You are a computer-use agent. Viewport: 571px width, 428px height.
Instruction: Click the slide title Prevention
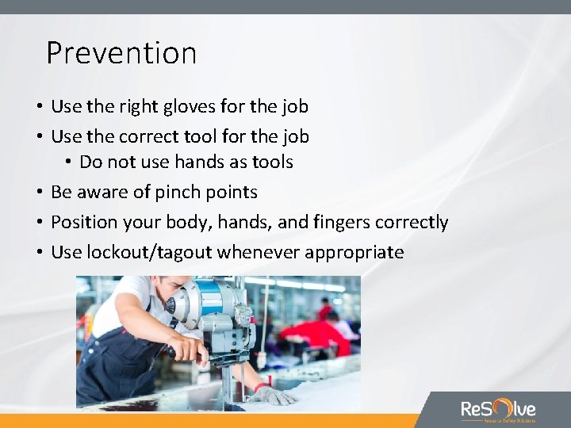[121, 53]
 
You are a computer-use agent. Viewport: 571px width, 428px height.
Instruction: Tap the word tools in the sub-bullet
[270, 162]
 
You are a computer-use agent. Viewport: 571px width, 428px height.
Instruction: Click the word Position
[82, 223]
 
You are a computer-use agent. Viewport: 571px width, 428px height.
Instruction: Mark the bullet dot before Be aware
[39, 193]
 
